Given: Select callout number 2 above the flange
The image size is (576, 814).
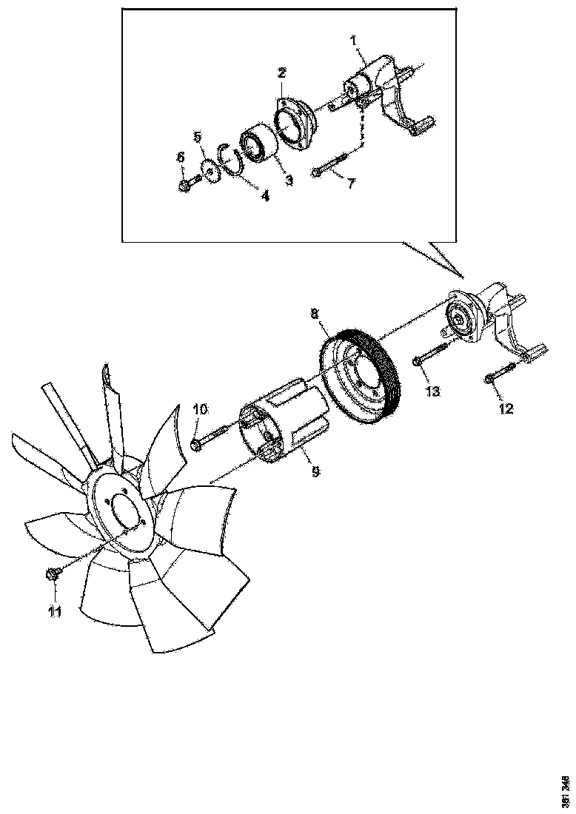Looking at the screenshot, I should coord(282,73).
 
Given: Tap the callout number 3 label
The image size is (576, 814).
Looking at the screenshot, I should coord(288,180).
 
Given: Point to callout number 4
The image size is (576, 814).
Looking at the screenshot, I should coord(264,196).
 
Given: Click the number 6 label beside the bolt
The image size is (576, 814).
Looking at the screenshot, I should coord(180,158).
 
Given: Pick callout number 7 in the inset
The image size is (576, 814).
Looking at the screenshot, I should coord(352,183).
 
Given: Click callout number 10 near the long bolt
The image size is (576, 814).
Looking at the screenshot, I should coord(201,409).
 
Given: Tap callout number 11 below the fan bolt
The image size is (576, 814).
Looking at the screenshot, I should coord(54,611).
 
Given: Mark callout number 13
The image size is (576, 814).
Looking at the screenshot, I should coord(432,390).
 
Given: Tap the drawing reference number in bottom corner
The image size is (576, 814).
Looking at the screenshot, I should coord(566,791).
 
